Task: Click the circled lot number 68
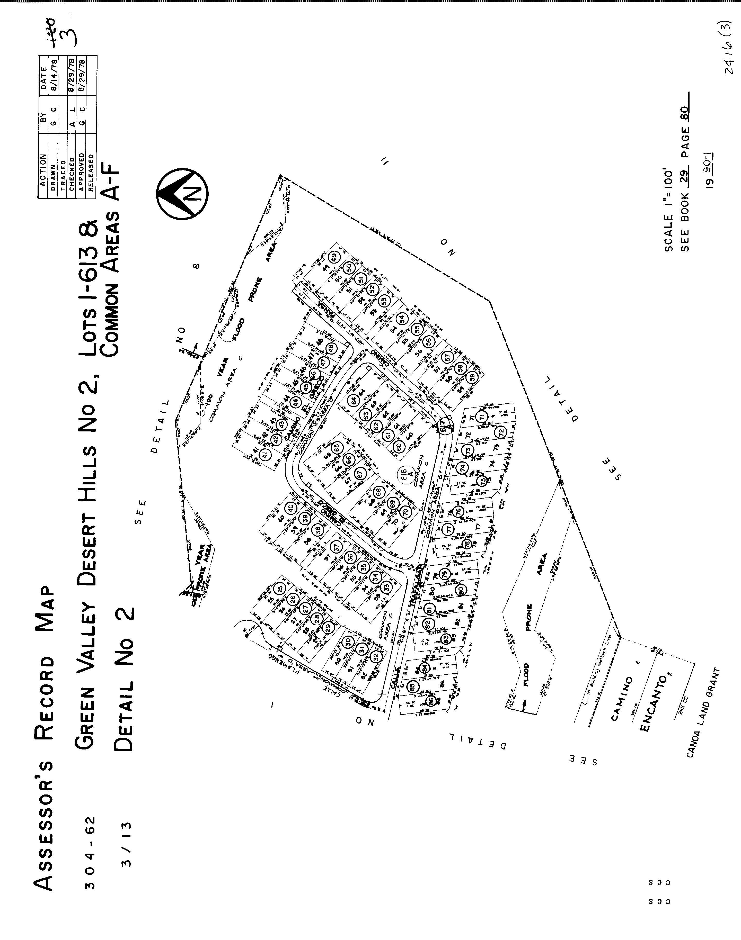pyautogui.click(x=378, y=493)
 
